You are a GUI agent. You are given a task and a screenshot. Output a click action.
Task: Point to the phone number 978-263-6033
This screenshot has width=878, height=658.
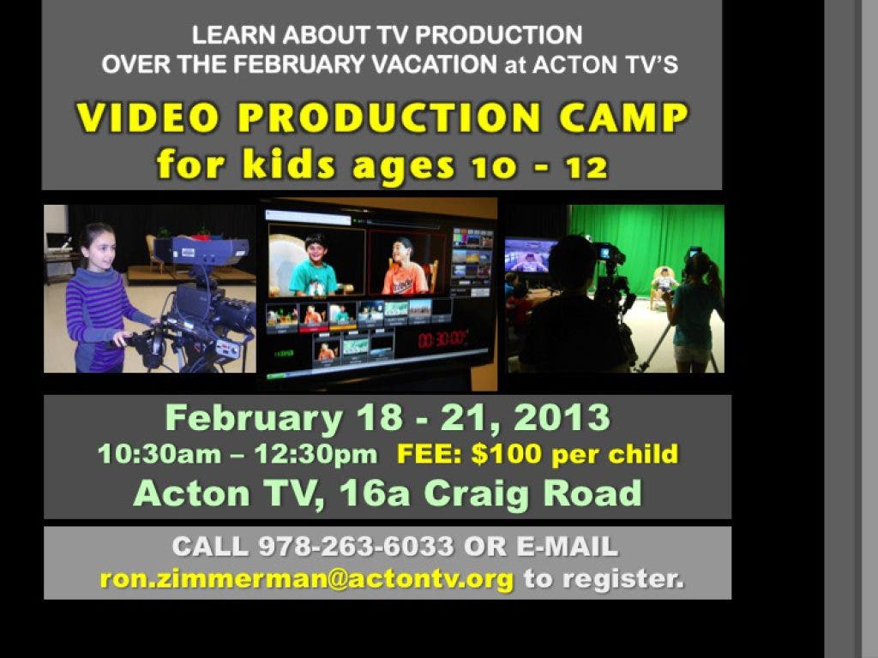pos(356,546)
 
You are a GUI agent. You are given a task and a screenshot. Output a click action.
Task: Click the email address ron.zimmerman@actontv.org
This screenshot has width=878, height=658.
pos(307,578)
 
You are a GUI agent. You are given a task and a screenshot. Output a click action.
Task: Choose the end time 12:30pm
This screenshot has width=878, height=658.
pos(316,454)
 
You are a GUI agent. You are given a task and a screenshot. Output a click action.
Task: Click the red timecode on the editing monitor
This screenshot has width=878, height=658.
pos(442,338)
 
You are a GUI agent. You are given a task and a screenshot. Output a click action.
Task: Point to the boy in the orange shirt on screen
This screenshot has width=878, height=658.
pos(405,266)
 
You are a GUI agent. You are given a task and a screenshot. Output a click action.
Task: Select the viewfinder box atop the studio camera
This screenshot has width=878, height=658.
pos(201,250)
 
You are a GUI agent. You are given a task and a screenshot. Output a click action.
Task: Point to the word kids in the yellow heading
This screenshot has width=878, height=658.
pos(288,164)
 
